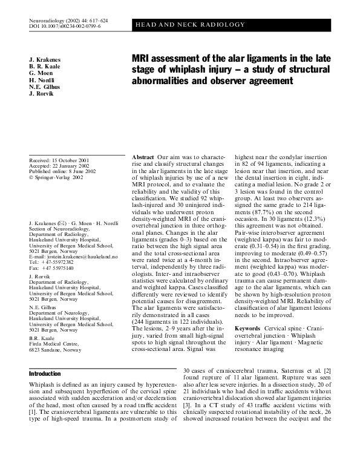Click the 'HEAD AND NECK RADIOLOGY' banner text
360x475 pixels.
pyautogui.click(x=190, y=25)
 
